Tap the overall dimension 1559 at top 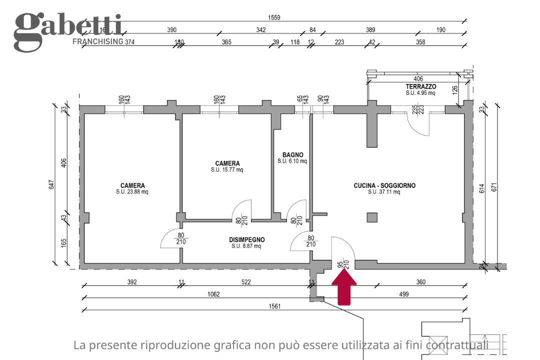(274, 17)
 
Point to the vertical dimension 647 (51, 184)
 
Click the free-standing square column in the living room (371, 217)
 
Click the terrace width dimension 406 (418, 78)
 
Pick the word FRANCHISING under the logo (98, 41)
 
